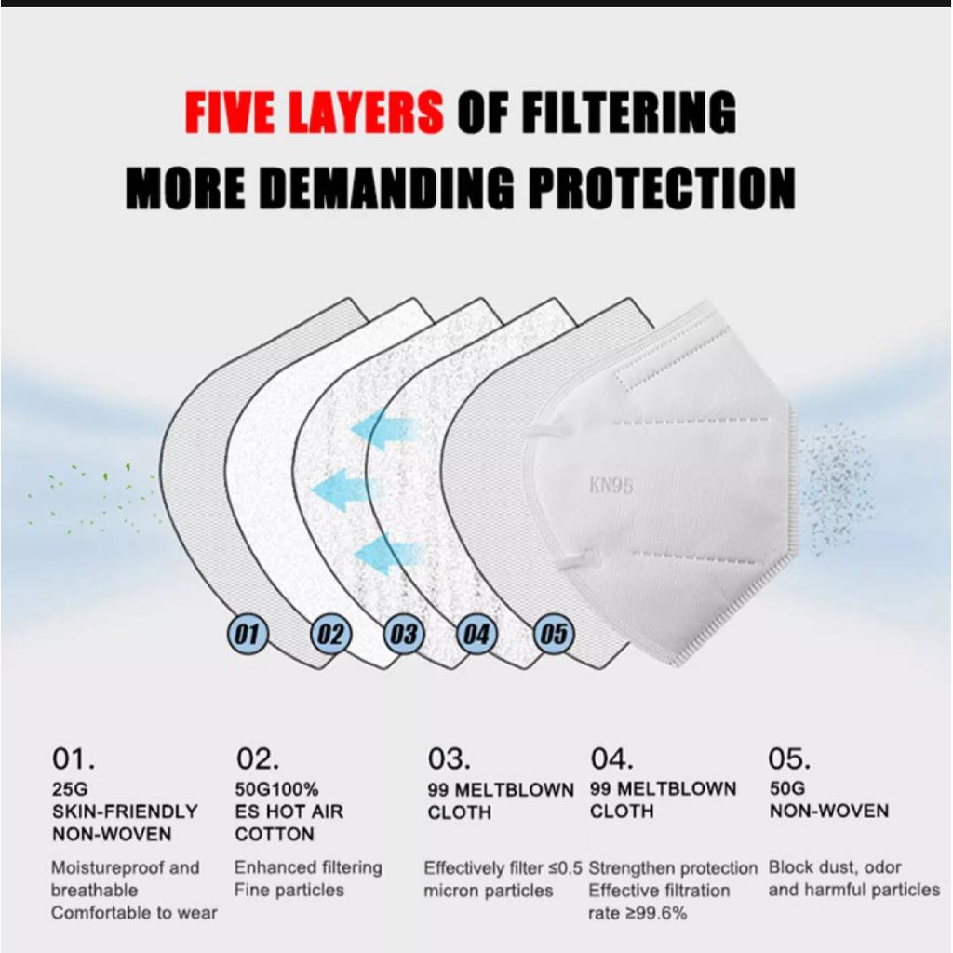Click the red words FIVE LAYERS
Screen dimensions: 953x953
315,112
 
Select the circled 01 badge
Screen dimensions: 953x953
248,635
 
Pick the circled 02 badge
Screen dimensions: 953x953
330,635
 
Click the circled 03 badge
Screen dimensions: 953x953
404,635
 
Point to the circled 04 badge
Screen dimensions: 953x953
476,635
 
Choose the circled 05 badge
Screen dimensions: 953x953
553,635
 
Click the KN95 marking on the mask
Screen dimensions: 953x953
611,486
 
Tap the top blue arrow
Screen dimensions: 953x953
385,428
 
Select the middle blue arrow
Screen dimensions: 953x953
344,490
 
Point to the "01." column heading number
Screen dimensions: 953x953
74,758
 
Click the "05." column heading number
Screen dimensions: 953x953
789,758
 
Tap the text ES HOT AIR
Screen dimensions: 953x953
289,812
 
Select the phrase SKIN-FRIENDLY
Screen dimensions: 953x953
126,812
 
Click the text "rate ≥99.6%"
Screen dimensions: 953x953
638,913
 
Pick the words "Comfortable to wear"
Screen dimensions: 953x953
134,913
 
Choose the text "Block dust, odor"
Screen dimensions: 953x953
835,867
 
